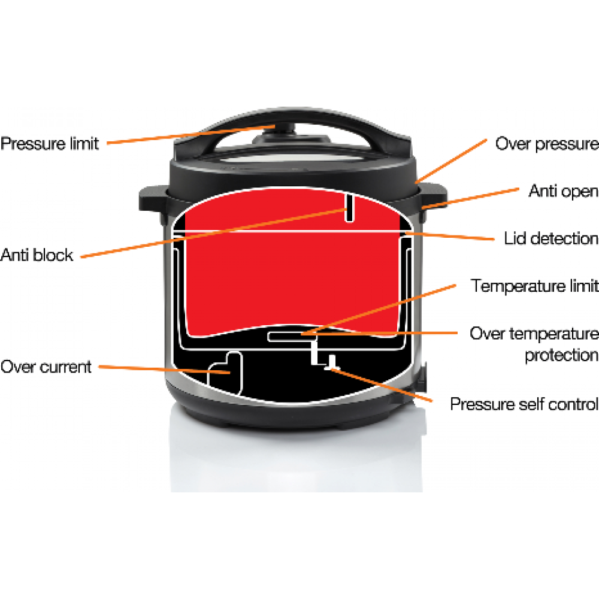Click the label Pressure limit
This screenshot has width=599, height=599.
point(50,144)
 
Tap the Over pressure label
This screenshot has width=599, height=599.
point(547,144)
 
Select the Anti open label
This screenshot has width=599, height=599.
point(564,191)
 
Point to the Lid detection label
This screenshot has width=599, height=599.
point(551,238)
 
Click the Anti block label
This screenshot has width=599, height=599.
point(37,255)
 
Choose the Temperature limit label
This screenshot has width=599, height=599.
point(534,286)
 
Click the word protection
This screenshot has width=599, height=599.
point(561,355)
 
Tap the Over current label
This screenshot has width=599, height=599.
point(46,367)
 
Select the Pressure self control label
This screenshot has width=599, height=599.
point(524,404)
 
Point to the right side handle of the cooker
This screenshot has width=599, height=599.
point(434,196)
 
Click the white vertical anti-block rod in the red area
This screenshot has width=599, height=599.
point(349,208)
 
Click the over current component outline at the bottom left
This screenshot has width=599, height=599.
point(225,373)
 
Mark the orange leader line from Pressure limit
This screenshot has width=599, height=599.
point(190,135)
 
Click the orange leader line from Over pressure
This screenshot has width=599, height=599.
point(451,161)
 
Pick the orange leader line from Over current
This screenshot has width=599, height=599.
point(164,370)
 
